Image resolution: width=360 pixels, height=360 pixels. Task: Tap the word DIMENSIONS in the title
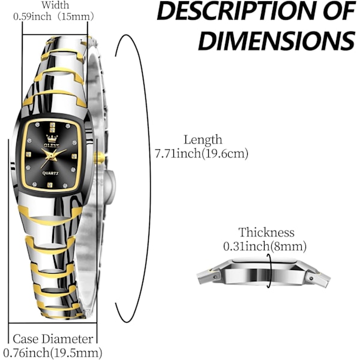[x=277, y=40]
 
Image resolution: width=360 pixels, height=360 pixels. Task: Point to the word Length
[x=203, y=140]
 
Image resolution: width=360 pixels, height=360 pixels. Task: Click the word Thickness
[x=266, y=232]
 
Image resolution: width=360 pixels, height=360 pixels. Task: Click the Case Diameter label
[x=53, y=339]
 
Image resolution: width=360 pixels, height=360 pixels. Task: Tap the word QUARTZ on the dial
[x=50, y=173]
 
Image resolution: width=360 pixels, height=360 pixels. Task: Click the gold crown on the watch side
[x=100, y=157]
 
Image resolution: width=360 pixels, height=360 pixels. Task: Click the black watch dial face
[x=52, y=155]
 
